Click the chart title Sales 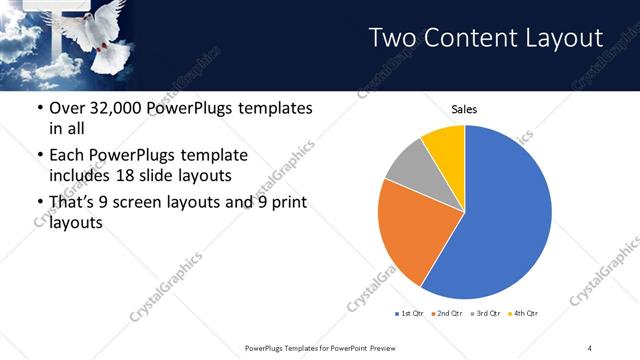tap(464, 108)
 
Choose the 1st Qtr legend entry tap(410, 314)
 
